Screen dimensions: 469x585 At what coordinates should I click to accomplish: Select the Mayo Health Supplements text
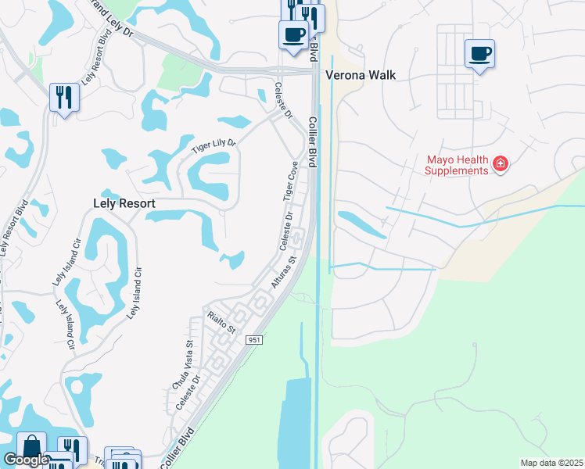point(458,165)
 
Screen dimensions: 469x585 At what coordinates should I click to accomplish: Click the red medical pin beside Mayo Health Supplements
point(501,164)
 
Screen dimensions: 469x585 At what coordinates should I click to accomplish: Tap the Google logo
point(26,460)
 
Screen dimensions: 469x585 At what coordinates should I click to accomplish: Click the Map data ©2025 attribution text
point(551,463)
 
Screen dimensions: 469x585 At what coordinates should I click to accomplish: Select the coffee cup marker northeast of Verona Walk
point(479,55)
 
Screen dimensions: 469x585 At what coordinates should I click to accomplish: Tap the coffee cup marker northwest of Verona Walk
point(293,35)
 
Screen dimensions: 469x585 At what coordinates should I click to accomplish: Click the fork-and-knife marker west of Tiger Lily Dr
point(63,98)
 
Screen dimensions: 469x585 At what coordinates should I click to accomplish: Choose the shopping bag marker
point(31,447)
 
